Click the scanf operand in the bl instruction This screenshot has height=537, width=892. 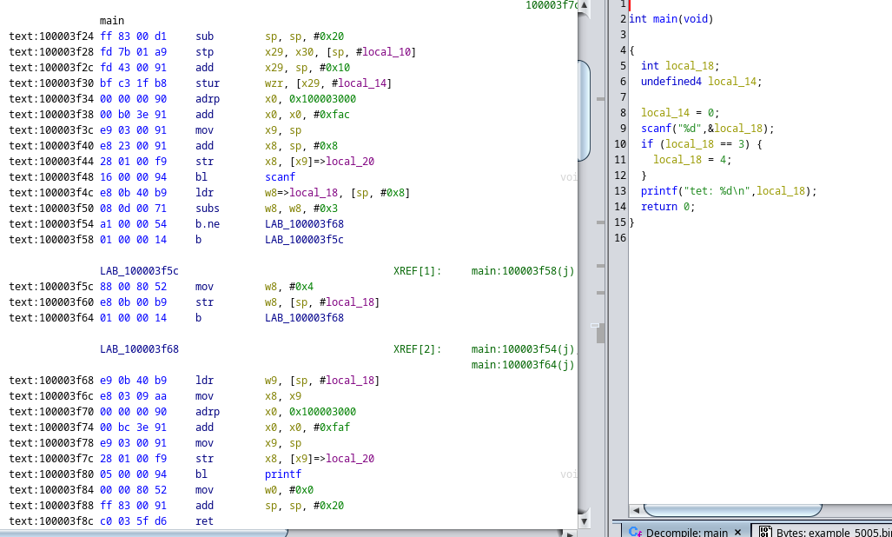[x=280, y=177]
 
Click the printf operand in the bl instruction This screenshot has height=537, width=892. [x=282, y=474]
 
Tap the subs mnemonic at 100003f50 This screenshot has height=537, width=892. [x=208, y=209]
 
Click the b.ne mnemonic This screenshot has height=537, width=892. [x=208, y=224]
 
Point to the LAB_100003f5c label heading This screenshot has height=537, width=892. [x=139, y=271]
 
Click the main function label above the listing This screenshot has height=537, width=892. [x=112, y=20]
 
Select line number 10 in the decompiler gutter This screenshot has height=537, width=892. [x=619, y=144]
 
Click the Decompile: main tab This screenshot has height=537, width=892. [x=686, y=532]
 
